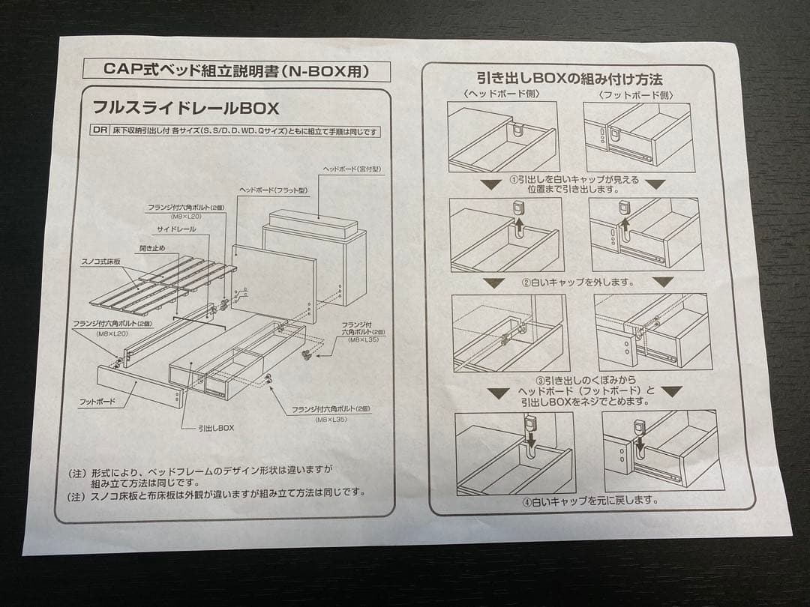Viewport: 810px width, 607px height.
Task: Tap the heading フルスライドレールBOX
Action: [185, 108]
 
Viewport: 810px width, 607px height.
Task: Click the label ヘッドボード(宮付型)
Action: [352, 169]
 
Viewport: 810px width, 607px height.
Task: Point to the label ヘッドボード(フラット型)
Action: [273, 190]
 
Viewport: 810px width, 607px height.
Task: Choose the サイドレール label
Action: [176, 229]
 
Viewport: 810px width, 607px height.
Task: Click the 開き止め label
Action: [154, 247]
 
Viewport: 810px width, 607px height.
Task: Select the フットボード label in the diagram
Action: [97, 402]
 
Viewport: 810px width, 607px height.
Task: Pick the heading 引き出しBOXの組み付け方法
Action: [569, 78]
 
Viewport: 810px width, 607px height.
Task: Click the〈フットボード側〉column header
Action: [636, 95]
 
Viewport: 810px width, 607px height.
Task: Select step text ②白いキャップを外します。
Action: [577, 283]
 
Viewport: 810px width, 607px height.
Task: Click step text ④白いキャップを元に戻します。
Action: [590, 500]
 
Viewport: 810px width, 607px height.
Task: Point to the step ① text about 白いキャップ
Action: [574, 184]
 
